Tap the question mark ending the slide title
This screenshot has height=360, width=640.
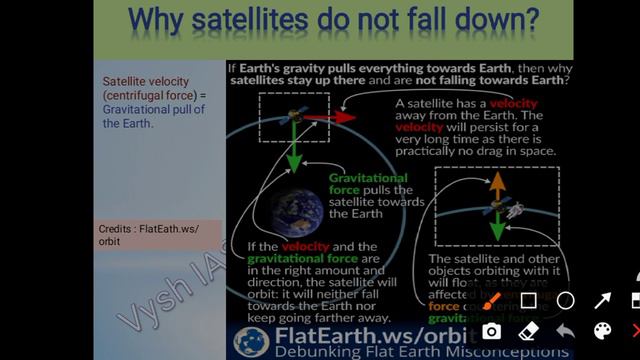[x=529, y=19]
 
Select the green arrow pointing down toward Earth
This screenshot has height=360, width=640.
[x=293, y=149]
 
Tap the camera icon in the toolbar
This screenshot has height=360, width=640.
[x=492, y=331]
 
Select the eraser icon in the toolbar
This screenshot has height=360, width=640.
[x=529, y=331]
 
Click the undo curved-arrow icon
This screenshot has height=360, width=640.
[x=566, y=331]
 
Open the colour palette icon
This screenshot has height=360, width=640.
[x=603, y=331]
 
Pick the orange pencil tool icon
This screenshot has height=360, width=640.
[x=492, y=300]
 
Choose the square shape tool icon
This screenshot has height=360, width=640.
[x=529, y=300]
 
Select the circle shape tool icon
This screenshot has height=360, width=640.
[x=566, y=300]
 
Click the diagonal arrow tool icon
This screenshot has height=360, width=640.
[x=603, y=300]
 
